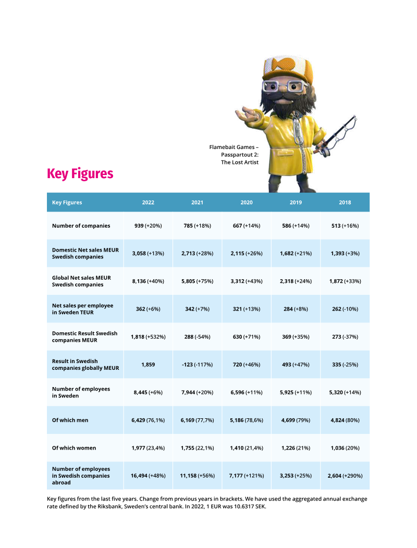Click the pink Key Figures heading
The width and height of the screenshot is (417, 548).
pyautogui.click(x=80, y=173)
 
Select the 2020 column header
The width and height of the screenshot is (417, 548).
pyautogui.click(x=247, y=203)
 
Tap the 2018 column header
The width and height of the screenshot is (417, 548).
pyautogui.click(x=345, y=203)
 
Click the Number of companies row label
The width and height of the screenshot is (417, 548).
pyautogui.click(x=81, y=226)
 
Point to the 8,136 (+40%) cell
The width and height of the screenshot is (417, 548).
pyautogui.click(x=148, y=281)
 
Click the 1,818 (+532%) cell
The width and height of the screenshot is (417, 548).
pyautogui.click(x=148, y=337)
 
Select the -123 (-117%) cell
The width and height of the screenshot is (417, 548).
pyautogui.click(x=197, y=365)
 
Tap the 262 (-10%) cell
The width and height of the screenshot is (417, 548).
pyautogui.click(x=345, y=309)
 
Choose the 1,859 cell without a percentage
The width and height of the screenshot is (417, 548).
pyautogui.click(x=148, y=365)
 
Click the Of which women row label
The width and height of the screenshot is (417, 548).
pyautogui.click(x=73, y=448)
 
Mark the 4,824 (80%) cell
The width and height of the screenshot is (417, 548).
pyautogui.click(x=345, y=420)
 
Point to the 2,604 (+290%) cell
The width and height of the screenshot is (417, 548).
pyautogui.click(x=345, y=476)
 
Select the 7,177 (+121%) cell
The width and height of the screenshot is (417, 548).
pyautogui.click(x=247, y=476)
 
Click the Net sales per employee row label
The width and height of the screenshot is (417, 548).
pyautogui.click(x=82, y=309)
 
